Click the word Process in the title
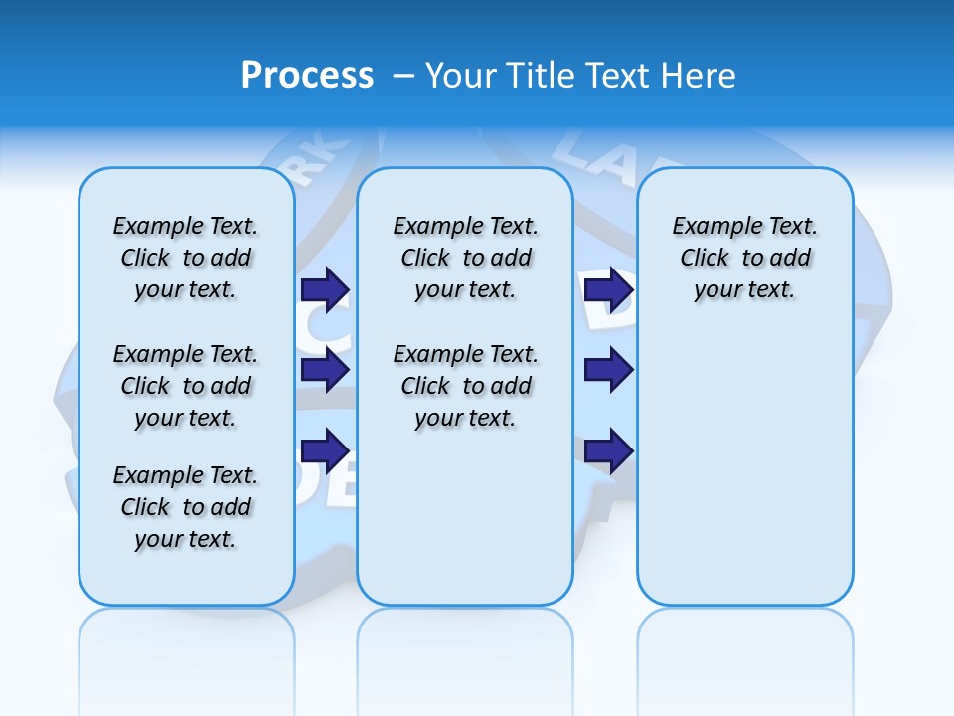point(307,76)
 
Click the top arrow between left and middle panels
point(325,290)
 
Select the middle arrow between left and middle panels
point(325,371)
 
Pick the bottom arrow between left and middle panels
point(325,451)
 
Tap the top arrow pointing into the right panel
point(608,290)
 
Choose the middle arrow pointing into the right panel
point(608,371)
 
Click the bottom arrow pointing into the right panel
point(608,451)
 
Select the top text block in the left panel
point(186,258)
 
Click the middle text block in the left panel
point(186,386)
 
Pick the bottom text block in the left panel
point(186,507)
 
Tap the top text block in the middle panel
point(465,258)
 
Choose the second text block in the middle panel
point(465,386)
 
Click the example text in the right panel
point(745,258)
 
